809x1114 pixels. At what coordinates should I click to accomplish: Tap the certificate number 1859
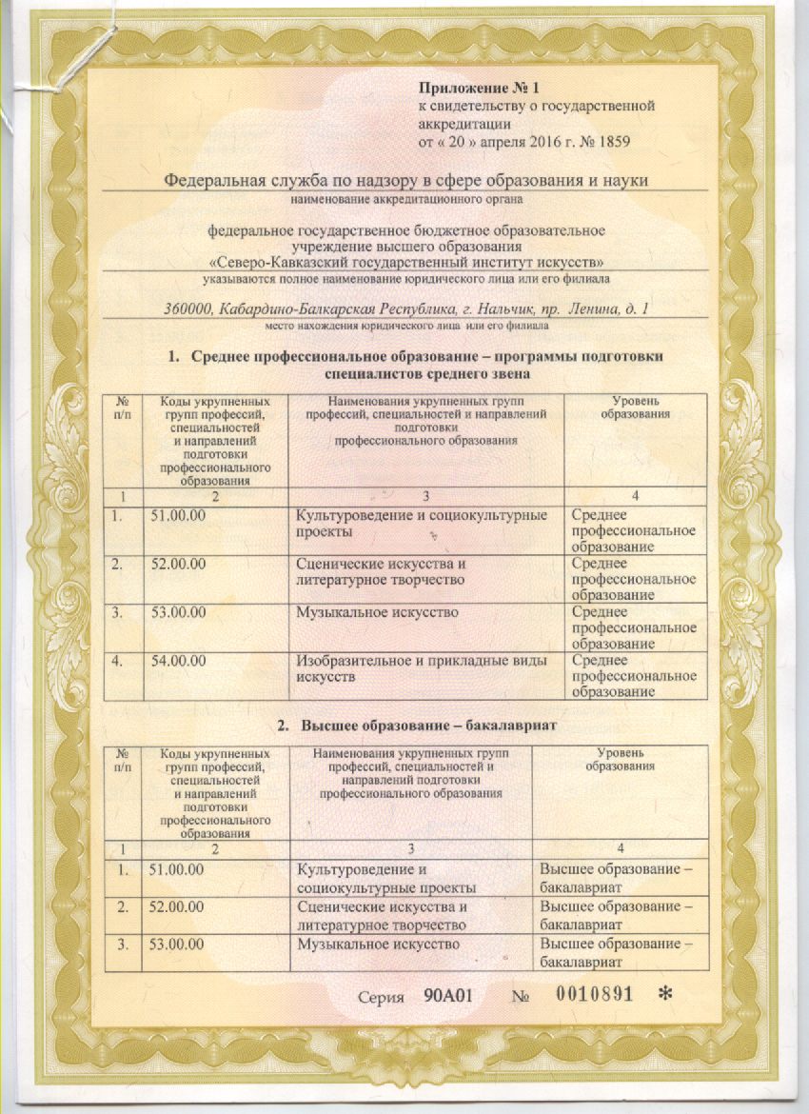[611, 142]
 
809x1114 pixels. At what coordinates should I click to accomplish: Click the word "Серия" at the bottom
[383, 994]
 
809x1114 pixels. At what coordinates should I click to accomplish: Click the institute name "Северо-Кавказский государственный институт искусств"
[405, 261]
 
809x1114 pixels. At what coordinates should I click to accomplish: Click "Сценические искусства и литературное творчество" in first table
[381, 571]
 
